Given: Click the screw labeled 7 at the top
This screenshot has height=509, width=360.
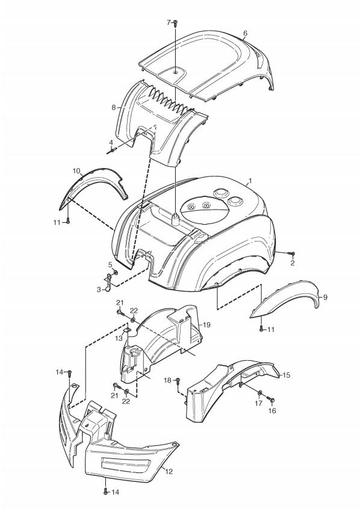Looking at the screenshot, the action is [x=175, y=23].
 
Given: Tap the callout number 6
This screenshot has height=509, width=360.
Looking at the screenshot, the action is [x=245, y=33].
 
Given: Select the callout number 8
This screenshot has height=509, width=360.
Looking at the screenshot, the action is [x=114, y=107].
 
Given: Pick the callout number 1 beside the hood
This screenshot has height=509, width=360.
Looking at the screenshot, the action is [x=250, y=180].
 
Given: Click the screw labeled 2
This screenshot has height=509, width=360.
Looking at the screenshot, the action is [x=291, y=254].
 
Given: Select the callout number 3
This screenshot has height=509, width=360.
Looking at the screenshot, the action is [x=99, y=290].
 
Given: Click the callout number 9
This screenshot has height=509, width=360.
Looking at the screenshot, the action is [x=325, y=297].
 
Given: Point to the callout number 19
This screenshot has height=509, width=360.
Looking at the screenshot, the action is [x=206, y=325].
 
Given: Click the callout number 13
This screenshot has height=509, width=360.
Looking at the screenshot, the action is [x=119, y=339].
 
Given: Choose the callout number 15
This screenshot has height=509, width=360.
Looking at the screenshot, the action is [x=287, y=375].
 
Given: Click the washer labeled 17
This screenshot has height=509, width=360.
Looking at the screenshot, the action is [x=260, y=393].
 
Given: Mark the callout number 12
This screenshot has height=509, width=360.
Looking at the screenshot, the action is [x=169, y=471].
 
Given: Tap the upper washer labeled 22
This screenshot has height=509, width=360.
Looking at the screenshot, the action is [x=133, y=320].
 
